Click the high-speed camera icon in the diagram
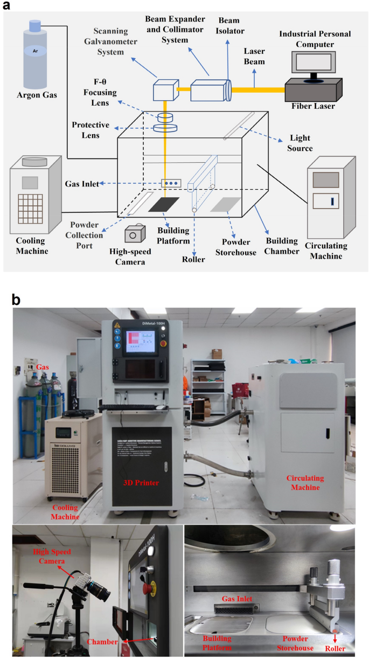pyautogui.click(x=135, y=234)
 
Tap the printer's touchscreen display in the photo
pyautogui.click(x=140, y=342)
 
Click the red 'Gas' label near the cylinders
pyautogui.click(x=43, y=366)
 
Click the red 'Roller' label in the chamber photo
pyautogui.click(x=335, y=648)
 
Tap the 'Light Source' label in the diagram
pyautogui.click(x=301, y=143)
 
